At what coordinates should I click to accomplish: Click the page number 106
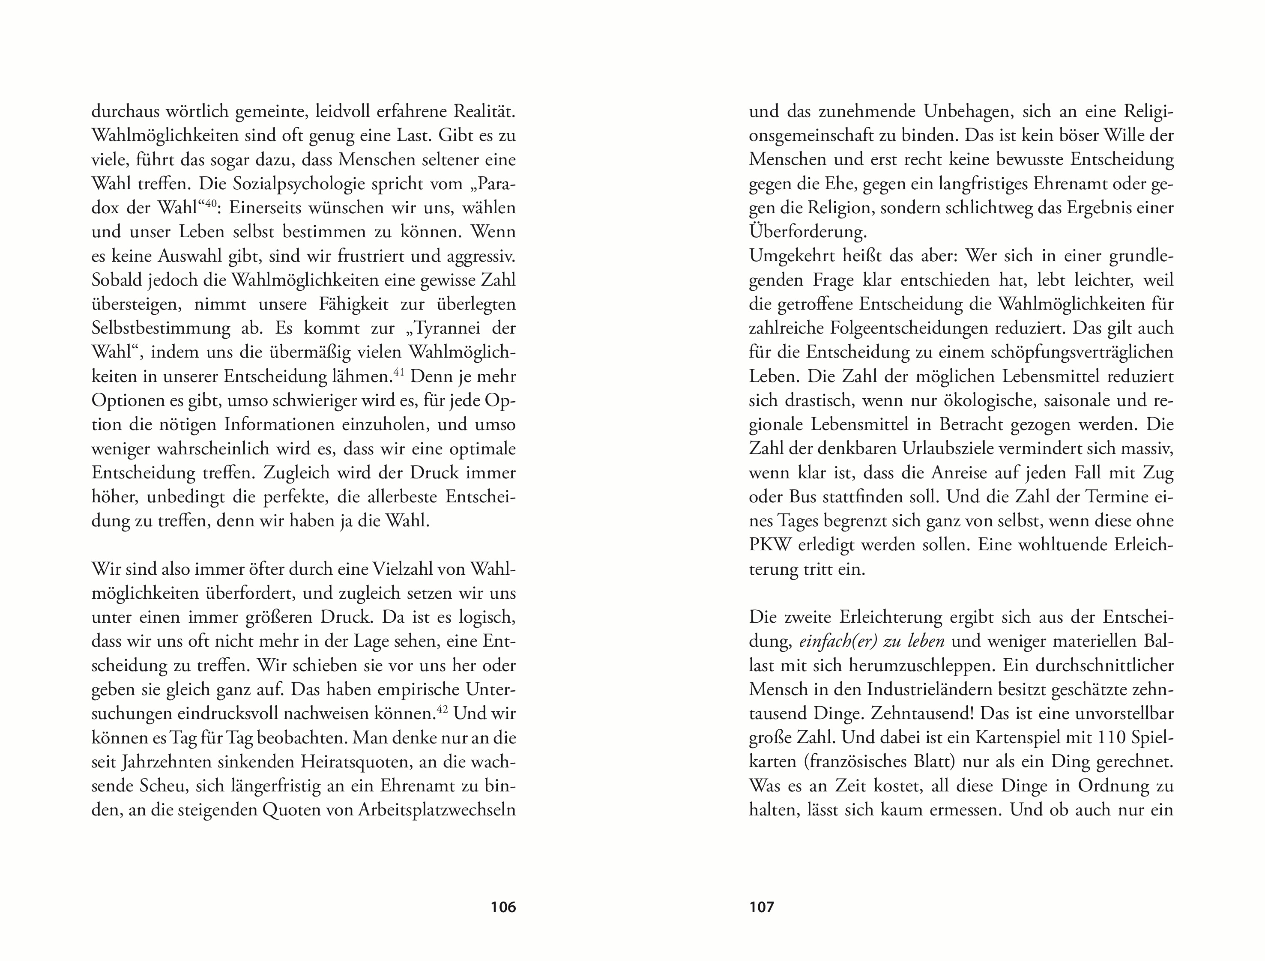tap(503, 907)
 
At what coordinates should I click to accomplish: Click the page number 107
tap(762, 907)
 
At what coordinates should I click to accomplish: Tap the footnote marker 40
tap(212, 203)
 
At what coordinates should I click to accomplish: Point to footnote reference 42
tap(442, 709)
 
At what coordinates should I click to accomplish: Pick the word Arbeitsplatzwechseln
tap(437, 810)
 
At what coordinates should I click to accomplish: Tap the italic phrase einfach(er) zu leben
tap(871, 641)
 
